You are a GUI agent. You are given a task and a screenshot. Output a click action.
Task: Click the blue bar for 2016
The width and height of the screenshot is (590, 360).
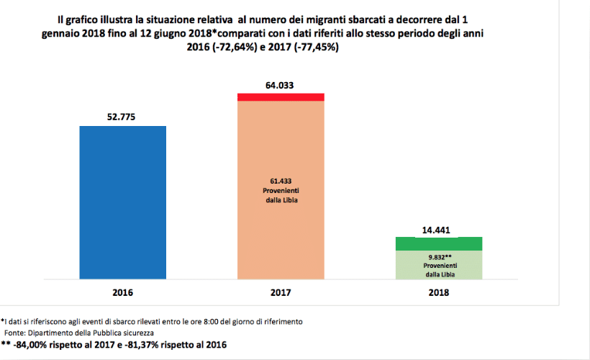point(122,202)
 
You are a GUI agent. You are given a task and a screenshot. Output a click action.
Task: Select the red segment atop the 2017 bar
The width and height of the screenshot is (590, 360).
point(281,96)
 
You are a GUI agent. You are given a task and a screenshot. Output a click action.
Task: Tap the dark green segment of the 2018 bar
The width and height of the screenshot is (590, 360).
point(439,243)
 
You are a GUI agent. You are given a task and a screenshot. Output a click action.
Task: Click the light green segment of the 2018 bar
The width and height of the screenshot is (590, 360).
point(439,264)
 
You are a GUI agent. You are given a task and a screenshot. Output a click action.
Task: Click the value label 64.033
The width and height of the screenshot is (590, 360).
point(281,84)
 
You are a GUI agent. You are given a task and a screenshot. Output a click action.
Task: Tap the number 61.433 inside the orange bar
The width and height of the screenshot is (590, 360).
point(281,181)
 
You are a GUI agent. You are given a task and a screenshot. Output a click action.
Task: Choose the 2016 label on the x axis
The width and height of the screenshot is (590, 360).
point(122,293)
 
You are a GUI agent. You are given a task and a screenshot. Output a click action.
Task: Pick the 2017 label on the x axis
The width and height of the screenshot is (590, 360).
point(281,293)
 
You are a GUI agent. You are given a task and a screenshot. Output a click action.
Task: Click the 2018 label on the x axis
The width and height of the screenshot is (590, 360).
point(439,293)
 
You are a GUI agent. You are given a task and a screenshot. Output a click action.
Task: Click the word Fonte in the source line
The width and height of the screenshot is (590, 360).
point(17,333)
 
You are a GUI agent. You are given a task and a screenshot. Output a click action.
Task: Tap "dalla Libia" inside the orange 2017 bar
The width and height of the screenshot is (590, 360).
point(281,199)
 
